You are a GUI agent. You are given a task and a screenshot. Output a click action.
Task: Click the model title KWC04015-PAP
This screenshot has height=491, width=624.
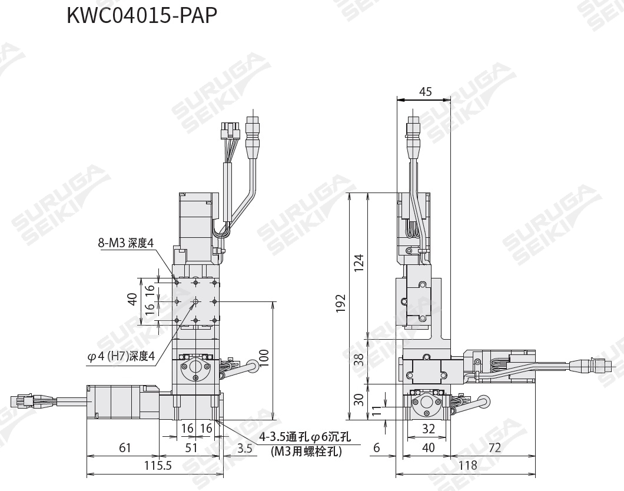142,16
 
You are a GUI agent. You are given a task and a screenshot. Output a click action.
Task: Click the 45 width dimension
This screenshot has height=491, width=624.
424,91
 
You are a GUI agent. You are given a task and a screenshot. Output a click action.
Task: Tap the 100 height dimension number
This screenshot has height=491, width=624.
264,360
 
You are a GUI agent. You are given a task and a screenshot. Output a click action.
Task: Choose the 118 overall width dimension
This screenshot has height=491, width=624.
467,465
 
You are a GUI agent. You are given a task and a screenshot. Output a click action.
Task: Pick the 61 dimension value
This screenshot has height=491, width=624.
124,448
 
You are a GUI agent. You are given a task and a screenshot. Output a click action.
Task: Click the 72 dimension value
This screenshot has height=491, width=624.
494,448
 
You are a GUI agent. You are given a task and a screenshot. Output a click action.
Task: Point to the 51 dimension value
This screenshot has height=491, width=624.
191,448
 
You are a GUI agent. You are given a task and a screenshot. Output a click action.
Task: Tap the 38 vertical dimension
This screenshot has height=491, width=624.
359,360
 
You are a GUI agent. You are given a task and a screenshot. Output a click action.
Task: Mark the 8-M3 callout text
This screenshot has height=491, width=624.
125,243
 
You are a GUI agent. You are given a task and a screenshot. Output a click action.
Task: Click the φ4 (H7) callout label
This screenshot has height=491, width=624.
121,356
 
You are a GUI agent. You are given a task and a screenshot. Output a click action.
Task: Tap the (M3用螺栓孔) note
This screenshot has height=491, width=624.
306,452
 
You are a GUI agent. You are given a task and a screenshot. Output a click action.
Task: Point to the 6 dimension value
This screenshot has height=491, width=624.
376,448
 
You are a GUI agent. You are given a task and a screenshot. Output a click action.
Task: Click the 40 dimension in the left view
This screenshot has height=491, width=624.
132,300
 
